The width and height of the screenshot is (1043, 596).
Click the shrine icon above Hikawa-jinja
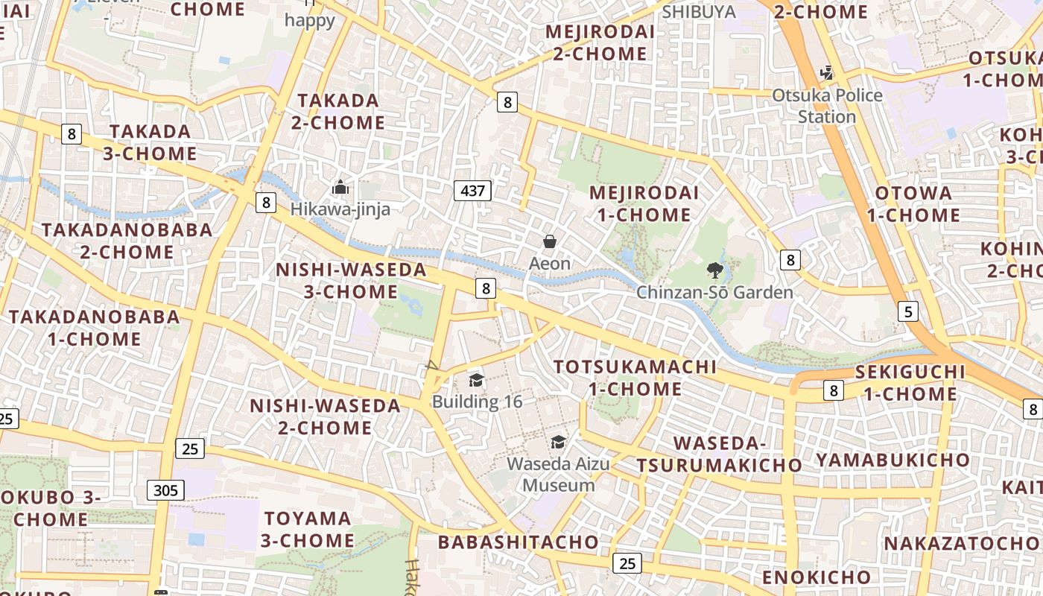(x=340, y=187)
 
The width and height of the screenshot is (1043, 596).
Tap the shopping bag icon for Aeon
(x=550, y=241)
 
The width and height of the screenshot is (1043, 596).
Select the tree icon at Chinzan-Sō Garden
(x=715, y=270)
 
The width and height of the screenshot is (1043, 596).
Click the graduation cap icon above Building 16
(x=477, y=381)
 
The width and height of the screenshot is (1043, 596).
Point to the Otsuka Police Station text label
(x=827, y=106)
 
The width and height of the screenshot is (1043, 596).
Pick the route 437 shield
(x=473, y=191)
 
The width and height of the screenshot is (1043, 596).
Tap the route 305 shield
(x=165, y=489)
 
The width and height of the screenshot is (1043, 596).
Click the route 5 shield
(x=907, y=311)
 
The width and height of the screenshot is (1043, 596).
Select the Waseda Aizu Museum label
(x=558, y=475)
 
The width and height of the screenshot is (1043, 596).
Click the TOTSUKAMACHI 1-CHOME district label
(x=635, y=378)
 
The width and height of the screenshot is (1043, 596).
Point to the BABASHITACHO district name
(x=519, y=542)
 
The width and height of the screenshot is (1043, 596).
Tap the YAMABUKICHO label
(x=893, y=460)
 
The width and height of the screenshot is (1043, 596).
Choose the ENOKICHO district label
(x=816, y=577)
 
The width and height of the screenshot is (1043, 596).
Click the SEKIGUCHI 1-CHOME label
(x=910, y=382)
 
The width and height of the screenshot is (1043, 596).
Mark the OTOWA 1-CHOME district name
(x=913, y=204)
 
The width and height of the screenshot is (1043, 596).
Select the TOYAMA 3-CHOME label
(x=308, y=529)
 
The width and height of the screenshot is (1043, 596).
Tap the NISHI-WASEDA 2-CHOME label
(x=325, y=416)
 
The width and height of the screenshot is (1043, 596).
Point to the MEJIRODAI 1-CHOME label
(x=644, y=203)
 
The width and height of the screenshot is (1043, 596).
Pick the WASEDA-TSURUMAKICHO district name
(x=719, y=454)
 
